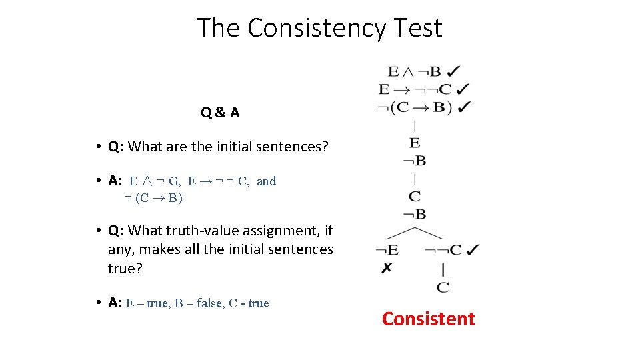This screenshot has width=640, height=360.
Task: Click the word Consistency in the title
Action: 316,28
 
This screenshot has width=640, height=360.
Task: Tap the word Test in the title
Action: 417,28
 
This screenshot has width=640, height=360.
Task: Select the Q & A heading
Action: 220,113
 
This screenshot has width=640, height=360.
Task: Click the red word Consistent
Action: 428,319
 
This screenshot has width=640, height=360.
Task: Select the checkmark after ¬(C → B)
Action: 465,107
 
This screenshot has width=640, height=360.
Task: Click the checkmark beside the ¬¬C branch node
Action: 473,250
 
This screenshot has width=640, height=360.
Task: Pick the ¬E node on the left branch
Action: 387,251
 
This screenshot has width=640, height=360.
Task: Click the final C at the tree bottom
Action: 443,287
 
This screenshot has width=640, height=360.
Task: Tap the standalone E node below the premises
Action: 415,143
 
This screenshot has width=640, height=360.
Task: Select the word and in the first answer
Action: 266,181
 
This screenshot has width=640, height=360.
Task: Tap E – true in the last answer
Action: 147,303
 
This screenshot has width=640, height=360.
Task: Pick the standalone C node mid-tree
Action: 415,197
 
